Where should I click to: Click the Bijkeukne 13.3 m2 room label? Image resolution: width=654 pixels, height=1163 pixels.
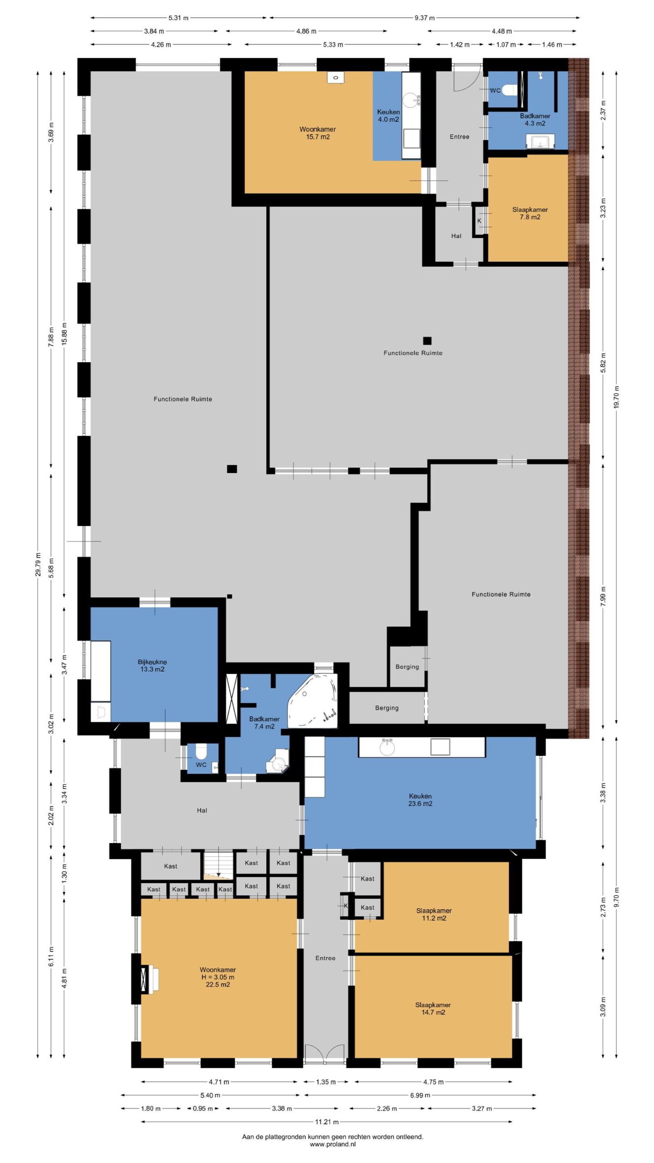point(152,666)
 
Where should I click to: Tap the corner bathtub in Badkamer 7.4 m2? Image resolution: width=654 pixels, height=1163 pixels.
point(313,701)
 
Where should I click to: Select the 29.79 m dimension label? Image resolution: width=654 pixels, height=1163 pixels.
point(38,565)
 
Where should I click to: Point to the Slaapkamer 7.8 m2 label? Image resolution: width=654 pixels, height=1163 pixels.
point(530,213)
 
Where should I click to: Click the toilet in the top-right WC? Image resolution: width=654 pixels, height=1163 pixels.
point(510,90)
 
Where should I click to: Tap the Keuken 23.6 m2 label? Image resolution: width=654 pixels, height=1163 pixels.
point(420,800)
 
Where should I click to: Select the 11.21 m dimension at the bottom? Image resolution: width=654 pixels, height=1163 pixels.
point(327,1122)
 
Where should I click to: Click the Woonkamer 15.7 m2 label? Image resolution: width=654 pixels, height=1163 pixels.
point(317,133)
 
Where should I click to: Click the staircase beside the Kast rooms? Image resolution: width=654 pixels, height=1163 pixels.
point(218,865)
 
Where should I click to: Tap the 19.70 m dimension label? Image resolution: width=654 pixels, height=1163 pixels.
point(616,397)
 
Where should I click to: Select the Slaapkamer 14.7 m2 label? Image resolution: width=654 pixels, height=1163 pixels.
point(433,1009)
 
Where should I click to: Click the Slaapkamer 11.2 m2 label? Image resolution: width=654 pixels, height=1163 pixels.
point(434,914)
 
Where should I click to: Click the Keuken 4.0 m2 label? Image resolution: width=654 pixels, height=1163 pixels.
point(388,115)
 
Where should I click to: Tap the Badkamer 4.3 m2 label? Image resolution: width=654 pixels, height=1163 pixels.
point(535,119)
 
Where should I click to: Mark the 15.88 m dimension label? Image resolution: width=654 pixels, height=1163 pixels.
point(64,334)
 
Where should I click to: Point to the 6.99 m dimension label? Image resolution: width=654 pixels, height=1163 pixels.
point(420,1095)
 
